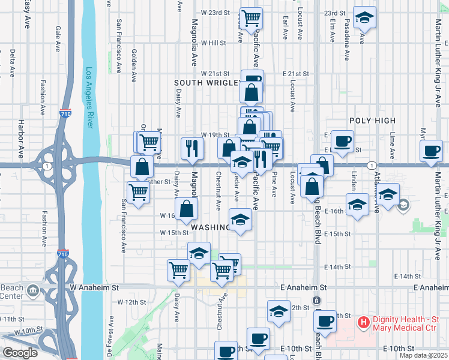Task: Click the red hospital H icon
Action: point(363,323)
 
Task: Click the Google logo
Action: point(20,352)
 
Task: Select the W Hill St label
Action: point(213,43)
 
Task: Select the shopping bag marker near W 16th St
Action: point(187,208)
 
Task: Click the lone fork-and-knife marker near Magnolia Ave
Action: point(191,148)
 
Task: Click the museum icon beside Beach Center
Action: point(32,292)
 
